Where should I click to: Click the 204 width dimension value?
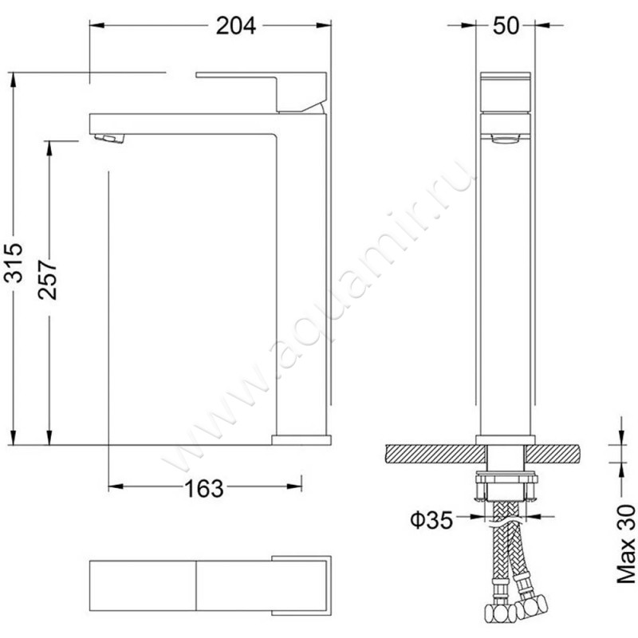pyautogui.click(x=236, y=26)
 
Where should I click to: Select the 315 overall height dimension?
pyautogui.click(x=14, y=262)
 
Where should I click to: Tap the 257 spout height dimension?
pyautogui.click(x=48, y=280)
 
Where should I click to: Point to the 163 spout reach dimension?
pyautogui.click(x=204, y=489)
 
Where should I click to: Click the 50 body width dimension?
pyautogui.click(x=506, y=26)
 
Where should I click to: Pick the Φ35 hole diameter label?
pyautogui.click(x=431, y=520)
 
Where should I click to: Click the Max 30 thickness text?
pyautogui.click(x=626, y=545)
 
